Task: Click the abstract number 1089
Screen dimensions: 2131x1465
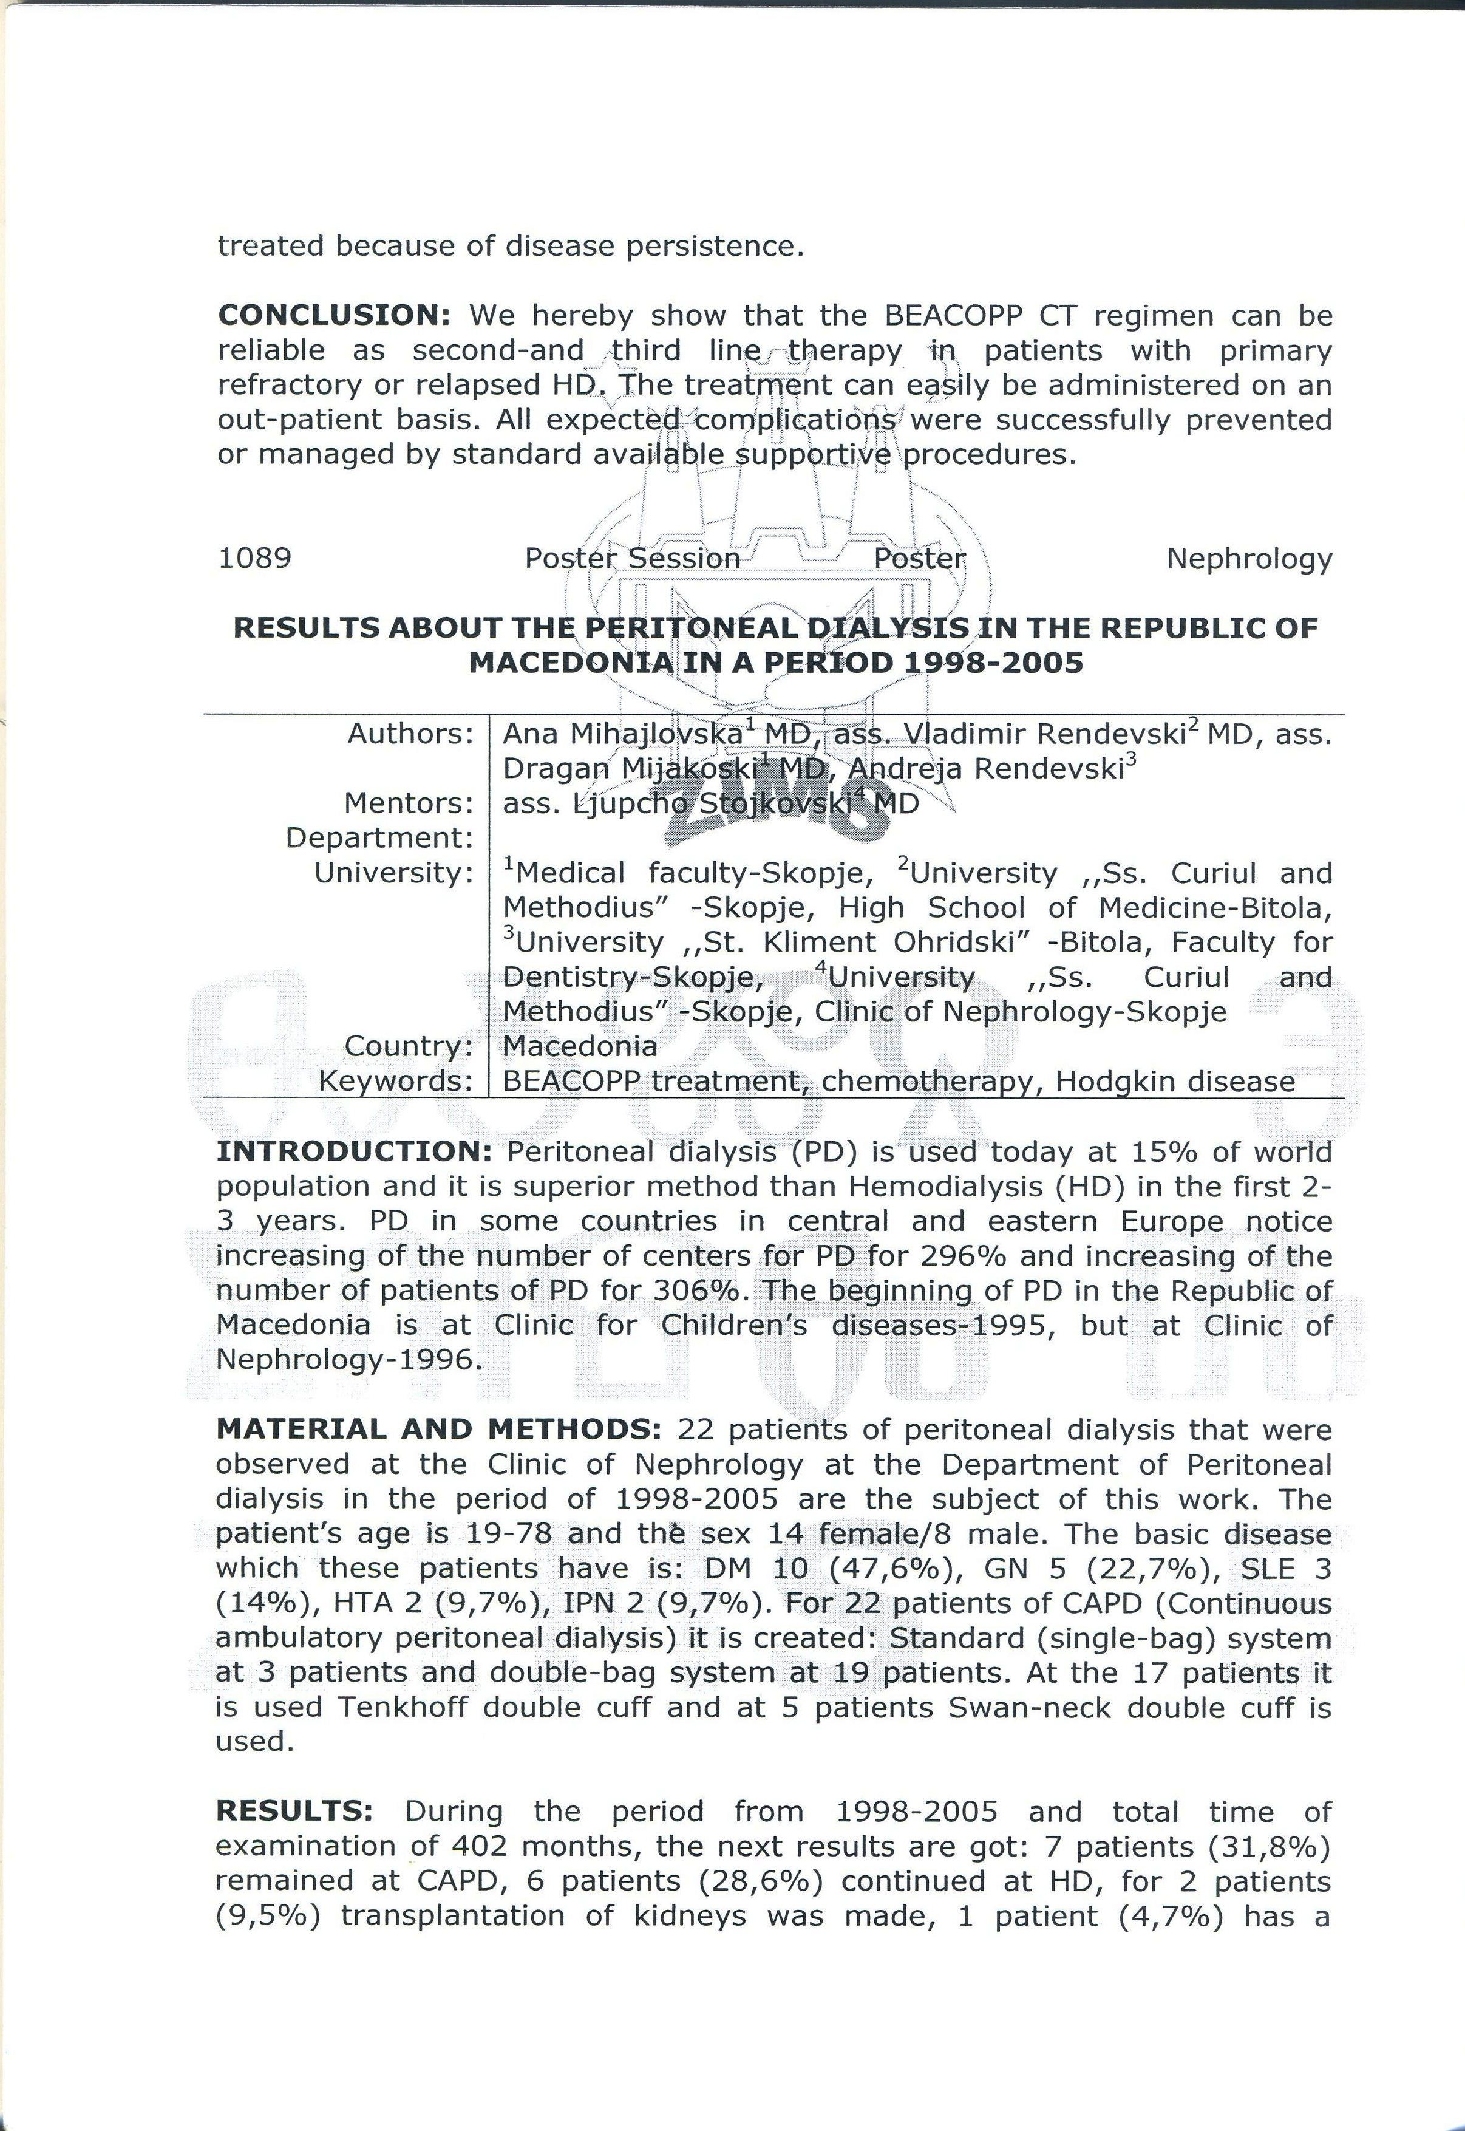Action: (x=254, y=558)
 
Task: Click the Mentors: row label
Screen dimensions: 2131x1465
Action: (x=409, y=803)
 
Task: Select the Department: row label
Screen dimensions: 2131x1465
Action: (x=379, y=838)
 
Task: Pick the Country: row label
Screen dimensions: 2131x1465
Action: (x=409, y=1046)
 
